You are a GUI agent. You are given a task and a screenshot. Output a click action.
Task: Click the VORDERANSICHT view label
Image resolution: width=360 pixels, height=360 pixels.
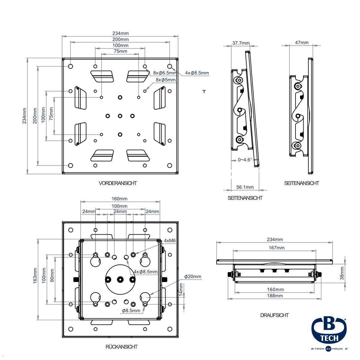click(118, 183)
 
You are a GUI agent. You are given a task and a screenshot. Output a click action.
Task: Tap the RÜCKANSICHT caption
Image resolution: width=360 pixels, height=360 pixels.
click(121, 346)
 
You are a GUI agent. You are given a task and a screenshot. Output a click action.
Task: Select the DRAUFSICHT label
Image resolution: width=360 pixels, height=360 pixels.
click(274, 315)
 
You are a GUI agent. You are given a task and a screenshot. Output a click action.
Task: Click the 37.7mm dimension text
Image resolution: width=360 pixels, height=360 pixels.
click(241, 43)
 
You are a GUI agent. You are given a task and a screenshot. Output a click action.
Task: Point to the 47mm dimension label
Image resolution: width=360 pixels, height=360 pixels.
click(301, 42)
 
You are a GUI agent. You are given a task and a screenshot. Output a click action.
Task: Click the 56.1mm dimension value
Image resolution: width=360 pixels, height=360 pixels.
click(245, 187)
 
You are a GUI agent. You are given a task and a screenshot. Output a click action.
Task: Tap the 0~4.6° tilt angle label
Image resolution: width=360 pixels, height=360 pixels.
click(245, 160)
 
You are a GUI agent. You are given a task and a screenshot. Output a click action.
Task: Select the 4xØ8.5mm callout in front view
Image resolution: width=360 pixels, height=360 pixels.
click(197, 73)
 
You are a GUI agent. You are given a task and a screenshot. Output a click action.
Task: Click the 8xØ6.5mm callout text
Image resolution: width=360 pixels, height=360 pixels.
click(164, 73)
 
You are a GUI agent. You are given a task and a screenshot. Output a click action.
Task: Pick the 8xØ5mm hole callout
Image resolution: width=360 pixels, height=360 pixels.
click(166, 80)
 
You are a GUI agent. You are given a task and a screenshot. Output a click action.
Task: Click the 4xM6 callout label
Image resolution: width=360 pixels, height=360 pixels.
click(169, 241)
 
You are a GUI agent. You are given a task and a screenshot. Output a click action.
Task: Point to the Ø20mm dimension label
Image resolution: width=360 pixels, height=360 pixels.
click(193, 276)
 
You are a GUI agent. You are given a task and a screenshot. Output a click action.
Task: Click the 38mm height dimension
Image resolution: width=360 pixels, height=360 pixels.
click(342, 273)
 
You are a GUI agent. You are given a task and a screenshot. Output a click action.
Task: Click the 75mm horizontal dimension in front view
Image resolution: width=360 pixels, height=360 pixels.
click(120, 51)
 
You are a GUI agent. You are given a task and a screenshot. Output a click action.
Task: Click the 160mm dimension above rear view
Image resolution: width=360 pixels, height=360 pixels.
click(120, 199)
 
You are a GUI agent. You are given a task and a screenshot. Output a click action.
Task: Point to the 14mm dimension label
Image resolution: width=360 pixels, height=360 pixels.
click(181, 289)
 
